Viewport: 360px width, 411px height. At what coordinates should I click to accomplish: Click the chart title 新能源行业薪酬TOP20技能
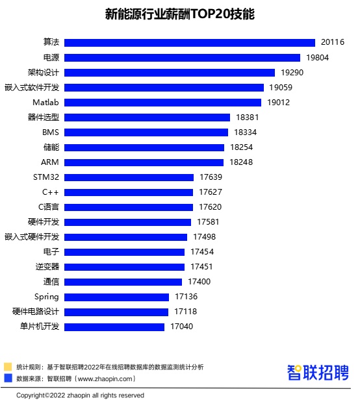pyautogui.click(x=180, y=14)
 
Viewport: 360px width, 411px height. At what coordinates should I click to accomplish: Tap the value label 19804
pyautogui.click(x=318, y=57)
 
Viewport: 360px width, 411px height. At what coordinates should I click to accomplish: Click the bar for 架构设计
pyautogui.click(x=172, y=72)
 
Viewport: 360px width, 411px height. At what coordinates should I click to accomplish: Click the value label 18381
pyautogui.click(x=248, y=118)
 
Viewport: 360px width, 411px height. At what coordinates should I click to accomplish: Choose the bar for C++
pyautogui.click(x=129, y=192)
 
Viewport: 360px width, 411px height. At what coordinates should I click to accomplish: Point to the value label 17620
pyautogui.click(x=211, y=207)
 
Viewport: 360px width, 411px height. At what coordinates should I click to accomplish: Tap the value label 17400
pyautogui.click(x=199, y=282)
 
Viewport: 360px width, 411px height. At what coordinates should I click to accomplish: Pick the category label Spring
pyautogui.click(x=46, y=297)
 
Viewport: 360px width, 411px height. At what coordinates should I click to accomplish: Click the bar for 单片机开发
pyautogui.click(x=115, y=327)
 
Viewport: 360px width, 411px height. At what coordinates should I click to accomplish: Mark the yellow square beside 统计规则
pyautogui.click(x=8, y=367)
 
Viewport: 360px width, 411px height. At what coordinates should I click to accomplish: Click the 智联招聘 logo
pyautogui.click(x=318, y=373)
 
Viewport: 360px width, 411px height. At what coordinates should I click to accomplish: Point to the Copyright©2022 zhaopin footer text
pyautogui.click(x=80, y=395)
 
